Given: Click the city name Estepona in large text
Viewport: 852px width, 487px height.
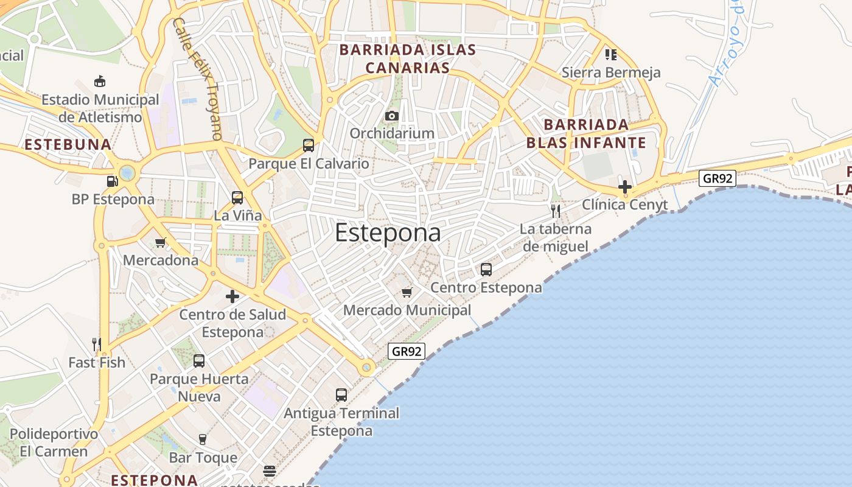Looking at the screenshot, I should point(388,233).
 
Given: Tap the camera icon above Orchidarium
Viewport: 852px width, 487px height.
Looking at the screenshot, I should point(392,116).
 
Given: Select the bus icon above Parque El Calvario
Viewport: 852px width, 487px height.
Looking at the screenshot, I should point(309,145).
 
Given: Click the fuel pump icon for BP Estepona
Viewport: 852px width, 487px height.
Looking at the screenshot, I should point(112,181).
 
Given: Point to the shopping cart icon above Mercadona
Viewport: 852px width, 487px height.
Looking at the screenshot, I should point(161,242).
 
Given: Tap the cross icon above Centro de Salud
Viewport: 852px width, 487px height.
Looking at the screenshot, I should point(232,296).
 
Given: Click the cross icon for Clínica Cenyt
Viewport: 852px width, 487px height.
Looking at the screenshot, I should point(624,186).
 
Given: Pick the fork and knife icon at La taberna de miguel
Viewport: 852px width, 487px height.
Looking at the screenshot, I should point(555,211).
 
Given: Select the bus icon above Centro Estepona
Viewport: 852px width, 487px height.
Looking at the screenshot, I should point(486,269).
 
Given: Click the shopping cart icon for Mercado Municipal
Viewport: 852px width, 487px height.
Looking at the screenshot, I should point(407,293).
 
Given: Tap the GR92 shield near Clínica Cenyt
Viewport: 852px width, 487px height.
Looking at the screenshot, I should point(718,178).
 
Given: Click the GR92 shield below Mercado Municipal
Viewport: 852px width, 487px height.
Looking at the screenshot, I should point(406,351).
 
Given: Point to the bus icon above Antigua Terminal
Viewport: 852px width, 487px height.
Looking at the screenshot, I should point(341,394).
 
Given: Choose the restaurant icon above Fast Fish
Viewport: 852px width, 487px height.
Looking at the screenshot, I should point(96,345).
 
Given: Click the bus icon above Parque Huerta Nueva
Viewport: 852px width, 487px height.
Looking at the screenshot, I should point(199,361).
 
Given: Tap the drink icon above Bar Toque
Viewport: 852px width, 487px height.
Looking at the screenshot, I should point(203,439).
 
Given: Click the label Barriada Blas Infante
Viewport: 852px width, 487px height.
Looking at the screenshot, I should point(585,134).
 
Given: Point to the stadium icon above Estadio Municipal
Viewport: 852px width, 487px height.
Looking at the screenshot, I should point(99,81).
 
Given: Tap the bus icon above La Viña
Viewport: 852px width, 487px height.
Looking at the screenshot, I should point(237,198).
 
